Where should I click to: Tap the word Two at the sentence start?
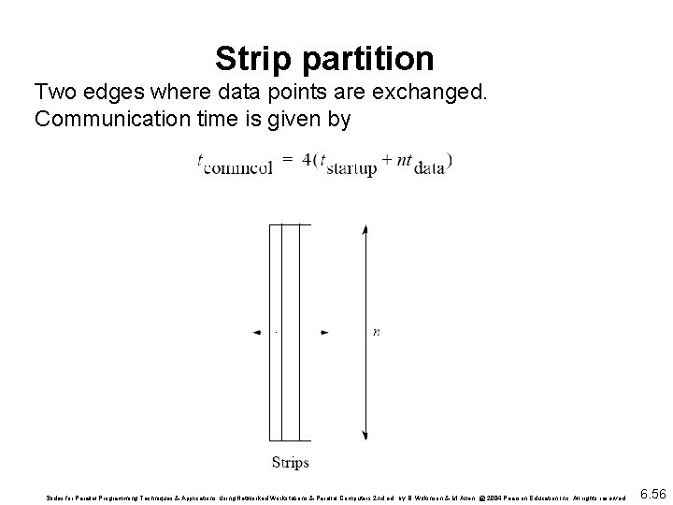(53, 93)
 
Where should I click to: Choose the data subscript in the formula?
(429, 168)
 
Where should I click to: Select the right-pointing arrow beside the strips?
(323, 332)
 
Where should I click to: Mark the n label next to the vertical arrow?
(376, 332)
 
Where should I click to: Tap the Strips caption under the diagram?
(290, 461)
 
